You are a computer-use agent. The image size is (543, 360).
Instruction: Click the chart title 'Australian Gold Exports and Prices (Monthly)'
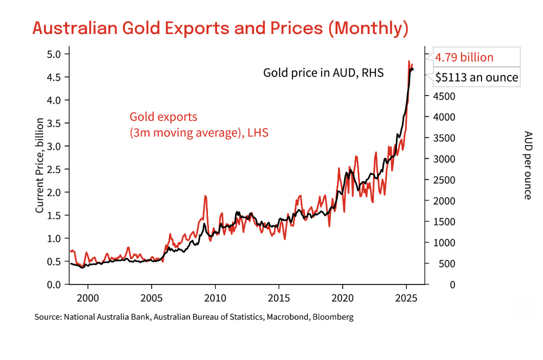coord(220,28)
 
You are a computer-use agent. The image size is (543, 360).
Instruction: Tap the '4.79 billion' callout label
coord(464,57)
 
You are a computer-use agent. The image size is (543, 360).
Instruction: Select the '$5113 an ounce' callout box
coord(476,78)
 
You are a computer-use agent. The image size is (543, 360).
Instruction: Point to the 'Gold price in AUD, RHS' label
coord(323,73)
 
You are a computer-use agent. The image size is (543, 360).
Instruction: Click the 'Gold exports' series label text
coord(163,117)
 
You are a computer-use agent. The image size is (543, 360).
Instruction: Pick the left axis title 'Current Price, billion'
coord(39,165)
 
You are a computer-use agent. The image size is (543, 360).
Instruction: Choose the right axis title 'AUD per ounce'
coord(527,165)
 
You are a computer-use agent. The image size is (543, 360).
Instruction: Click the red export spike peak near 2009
coord(205,196)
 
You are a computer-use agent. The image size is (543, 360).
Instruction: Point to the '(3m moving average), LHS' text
coord(199,133)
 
